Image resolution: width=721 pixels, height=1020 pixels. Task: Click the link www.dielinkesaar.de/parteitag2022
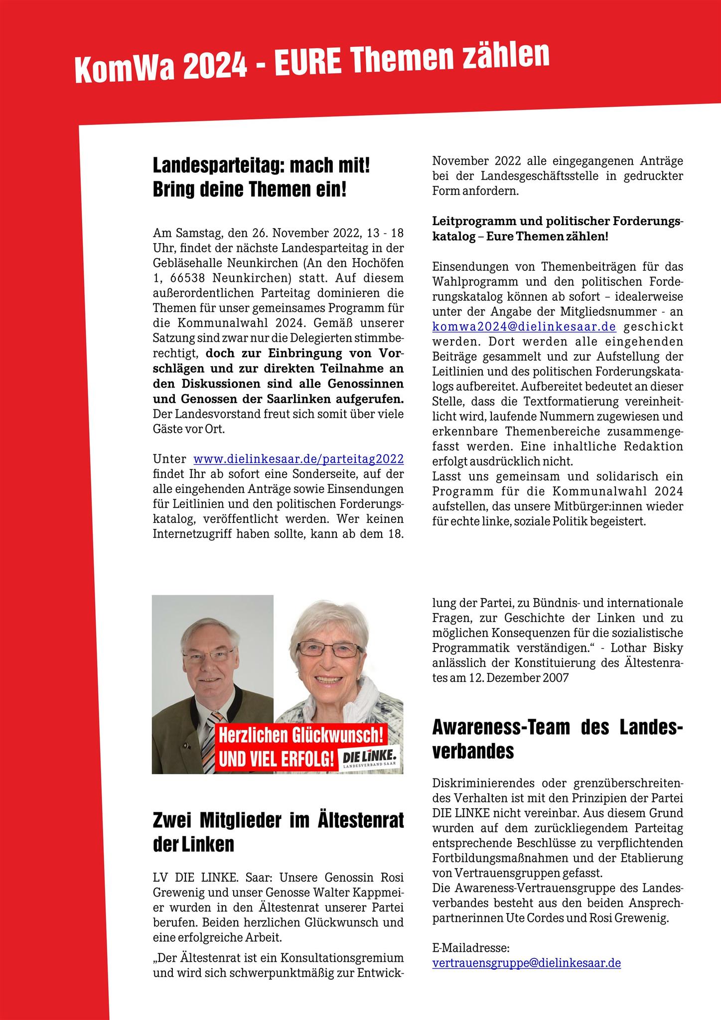pyautogui.click(x=298, y=459)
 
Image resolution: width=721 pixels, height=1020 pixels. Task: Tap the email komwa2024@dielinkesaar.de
pyautogui.click(x=524, y=327)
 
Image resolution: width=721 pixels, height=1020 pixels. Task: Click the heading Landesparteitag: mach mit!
pyautogui.click(x=261, y=166)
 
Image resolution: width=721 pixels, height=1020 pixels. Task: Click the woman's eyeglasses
pyautogui.click(x=329, y=649)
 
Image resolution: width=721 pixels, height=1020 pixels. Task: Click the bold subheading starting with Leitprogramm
pyautogui.click(x=557, y=228)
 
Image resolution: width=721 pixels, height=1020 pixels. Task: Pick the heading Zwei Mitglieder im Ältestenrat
pyautogui.click(x=278, y=820)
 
